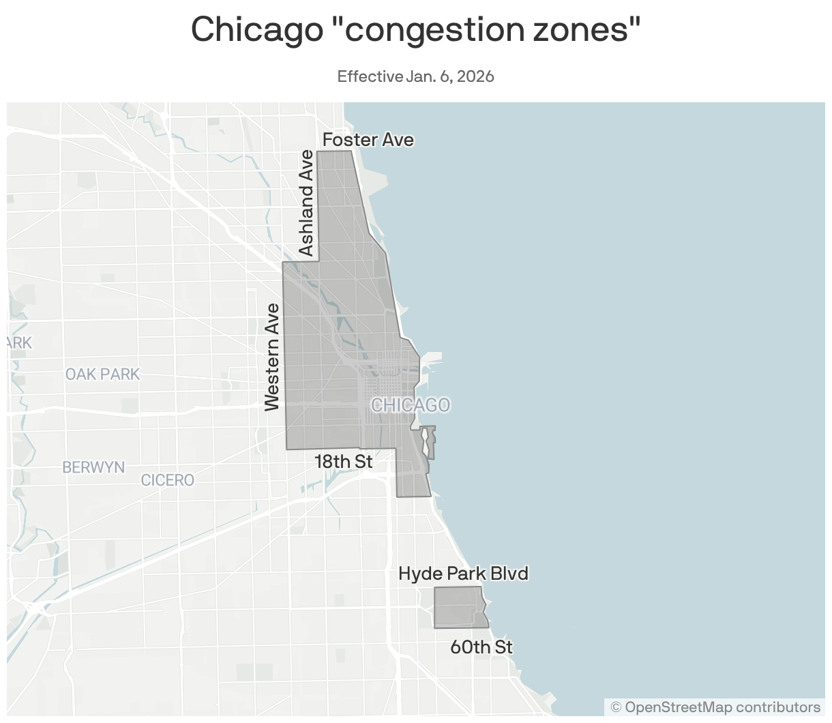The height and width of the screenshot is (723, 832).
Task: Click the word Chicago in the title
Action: [x=256, y=29]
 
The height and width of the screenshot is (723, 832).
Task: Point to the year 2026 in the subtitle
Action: [x=475, y=76]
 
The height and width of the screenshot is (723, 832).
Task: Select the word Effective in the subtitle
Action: [x=370, y=76]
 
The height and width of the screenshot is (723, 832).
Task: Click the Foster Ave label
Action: [x=368, y=140]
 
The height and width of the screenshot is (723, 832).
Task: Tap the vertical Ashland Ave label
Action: [x=307, y=203]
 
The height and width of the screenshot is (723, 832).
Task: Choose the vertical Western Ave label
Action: [x=273, y=357]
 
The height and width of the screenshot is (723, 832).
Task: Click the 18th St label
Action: [x=344, y=462]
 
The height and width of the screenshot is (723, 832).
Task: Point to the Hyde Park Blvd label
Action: [x=463, y=574]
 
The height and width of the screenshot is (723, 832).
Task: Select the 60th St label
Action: [x=481, y=647]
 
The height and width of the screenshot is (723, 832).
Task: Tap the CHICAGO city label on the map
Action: [x=411, y=405]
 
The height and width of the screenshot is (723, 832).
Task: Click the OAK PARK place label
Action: [x=102, y=374]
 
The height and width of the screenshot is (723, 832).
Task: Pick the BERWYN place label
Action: [x=93, y=467]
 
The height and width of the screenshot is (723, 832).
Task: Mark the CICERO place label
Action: [x=168, y=480]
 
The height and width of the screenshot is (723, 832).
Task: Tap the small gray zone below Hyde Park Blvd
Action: [x=460, y=607]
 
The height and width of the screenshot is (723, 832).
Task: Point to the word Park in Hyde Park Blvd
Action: [x=466, y=574]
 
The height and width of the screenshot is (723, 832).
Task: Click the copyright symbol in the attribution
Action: [x=616, y=707]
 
